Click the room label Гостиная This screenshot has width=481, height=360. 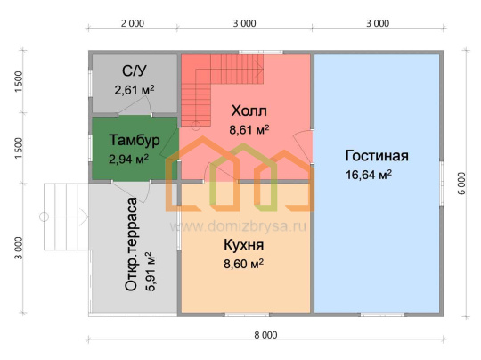(377, 156)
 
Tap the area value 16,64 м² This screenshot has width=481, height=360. (369, 175)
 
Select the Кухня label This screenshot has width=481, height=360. (244, 245)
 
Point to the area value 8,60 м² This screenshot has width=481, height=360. (243, 264)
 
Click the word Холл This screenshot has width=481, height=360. (249, 110)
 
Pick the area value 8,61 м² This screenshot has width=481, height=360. (249, 129)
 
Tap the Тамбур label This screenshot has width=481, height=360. (135, 140)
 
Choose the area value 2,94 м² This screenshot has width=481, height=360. (128, 159)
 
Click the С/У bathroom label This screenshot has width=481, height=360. (134, 71)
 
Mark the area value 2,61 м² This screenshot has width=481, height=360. (135, 90)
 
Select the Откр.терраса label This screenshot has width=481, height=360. (131, 244)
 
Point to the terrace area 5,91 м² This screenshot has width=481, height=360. (151, 271)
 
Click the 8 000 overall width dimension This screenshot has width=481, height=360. (265, 335)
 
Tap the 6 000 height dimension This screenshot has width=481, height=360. (462, 184)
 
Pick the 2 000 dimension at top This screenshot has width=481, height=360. (133, 24)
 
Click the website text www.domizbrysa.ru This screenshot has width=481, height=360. (238, 226)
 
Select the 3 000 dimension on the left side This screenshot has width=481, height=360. (19, 248)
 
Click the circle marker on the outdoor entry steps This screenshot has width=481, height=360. (45, 217)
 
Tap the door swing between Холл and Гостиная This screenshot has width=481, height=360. (303, 147)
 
